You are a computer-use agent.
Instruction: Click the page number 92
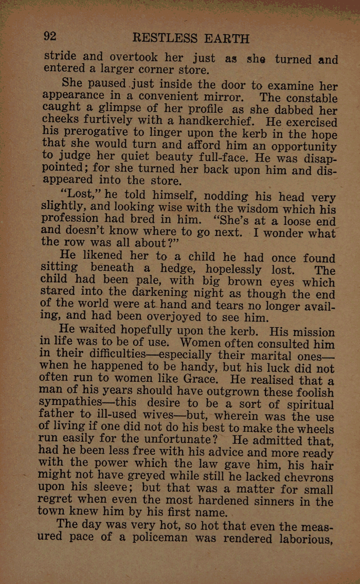tap(50, 37)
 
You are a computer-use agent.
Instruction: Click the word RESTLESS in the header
tap(165, 38)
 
